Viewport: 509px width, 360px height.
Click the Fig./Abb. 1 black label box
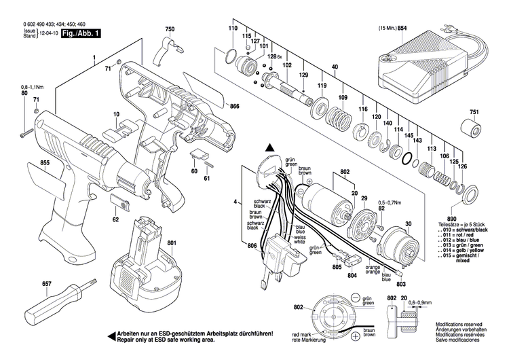point(80,33)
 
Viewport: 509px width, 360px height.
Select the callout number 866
point(235,107)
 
